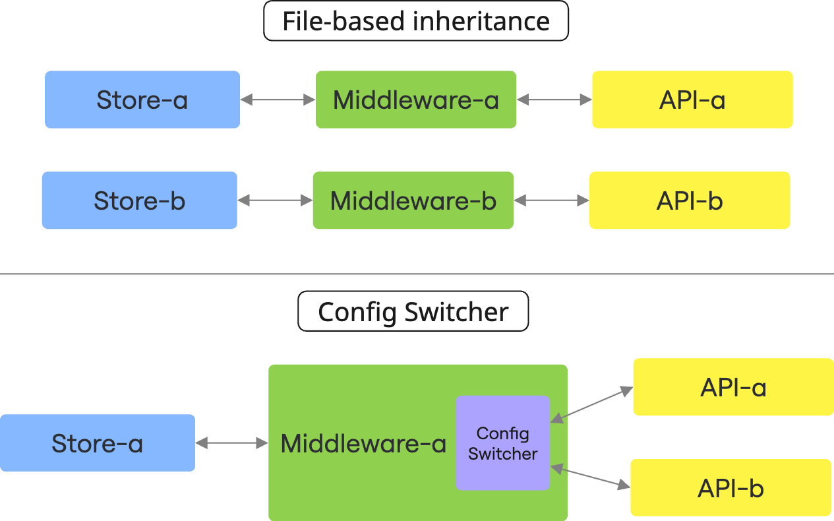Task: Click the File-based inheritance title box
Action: click(x=416, y=21)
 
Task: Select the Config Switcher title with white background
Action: click(x=413, y=312)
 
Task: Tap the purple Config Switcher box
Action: click(x=502, y=443)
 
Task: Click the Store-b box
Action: click(x=139, y=200)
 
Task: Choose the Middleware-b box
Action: click(x=413, y=200)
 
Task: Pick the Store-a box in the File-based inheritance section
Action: click(x=142, y=100)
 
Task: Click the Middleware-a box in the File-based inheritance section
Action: click(x=416, y=100)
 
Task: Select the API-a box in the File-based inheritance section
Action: click(x=692, y=100)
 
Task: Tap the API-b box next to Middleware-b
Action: click(x=690, y=200)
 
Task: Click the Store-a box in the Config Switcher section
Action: click(x=97, y=443)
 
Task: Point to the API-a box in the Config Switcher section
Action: click(x=733, y=387)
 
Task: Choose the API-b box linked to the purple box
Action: click(x=730, y=488)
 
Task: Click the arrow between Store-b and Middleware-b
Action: click(x=275, y=200)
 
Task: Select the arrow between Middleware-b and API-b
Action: click(x=551, y=200)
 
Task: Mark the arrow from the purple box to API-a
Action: click(x=591, y=404)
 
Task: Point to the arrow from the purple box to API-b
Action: click(x=590, y=477)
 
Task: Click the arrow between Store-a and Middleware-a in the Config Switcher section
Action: click(x=232, y=443)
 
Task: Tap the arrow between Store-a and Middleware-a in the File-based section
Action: click(x=278, y=100)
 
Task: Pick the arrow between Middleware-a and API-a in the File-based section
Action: click(x=554, y=100)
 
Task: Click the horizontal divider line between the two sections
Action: click(x=417, y=274)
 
